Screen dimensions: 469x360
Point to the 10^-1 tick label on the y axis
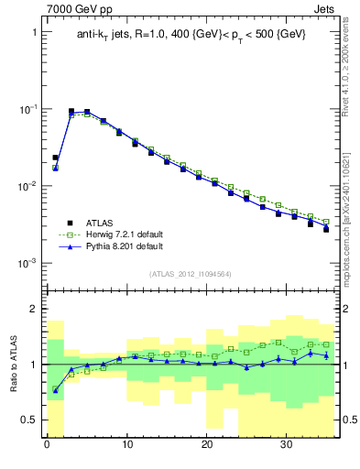tap(29, 109)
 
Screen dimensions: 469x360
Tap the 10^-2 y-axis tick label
tap(29, 186)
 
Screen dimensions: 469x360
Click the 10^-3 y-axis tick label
tap(29, 263)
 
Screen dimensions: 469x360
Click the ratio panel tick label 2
tap(34, 309)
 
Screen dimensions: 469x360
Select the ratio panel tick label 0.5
tap(30, 420)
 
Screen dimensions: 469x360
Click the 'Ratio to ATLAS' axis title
tap(12, 364)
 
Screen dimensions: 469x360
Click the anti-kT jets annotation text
tap(191, 34)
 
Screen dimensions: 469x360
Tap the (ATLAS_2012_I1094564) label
tap(191, 274)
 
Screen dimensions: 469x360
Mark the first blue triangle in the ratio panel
tap(55, 391)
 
